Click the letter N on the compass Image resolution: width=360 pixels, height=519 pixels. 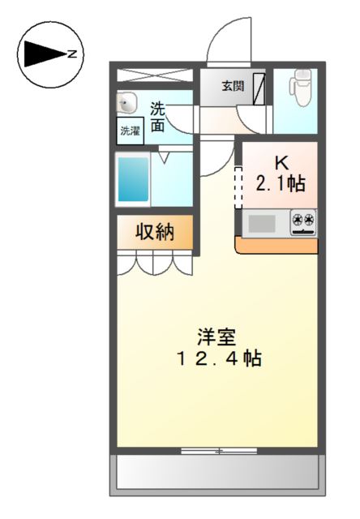click(x=72, y=54)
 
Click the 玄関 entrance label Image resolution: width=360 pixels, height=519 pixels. click(x=233, y=86)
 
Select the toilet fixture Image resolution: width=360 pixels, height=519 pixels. click(x=300, y=88)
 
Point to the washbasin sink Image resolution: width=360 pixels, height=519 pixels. click(x=126, y=102)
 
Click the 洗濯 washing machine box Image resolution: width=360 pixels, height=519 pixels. click(x=130, y=131)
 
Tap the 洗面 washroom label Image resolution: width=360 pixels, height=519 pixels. click(x=158, y=117)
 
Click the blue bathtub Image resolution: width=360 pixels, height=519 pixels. click(x=133, y=179)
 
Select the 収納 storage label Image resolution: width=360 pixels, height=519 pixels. click(x=155, y=232)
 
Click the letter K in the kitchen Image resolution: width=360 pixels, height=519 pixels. click(x=281, y=162)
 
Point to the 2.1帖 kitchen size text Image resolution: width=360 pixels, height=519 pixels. click(x=281, y=183)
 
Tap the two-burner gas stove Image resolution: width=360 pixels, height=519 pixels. click(x=303, y=222)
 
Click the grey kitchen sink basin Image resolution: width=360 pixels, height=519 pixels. click(x=262, y=224)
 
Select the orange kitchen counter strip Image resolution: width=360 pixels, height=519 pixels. click(x=276, y=245)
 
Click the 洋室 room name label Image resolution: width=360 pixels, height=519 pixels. click(x=216, y=337)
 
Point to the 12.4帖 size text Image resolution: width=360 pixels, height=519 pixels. click(x=219, y=358)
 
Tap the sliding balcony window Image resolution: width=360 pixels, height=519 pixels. click(x=219, y=451)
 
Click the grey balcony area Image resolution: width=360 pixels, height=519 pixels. click(x=218, y=472)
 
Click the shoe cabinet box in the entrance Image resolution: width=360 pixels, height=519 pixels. click(x=259, y=89)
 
